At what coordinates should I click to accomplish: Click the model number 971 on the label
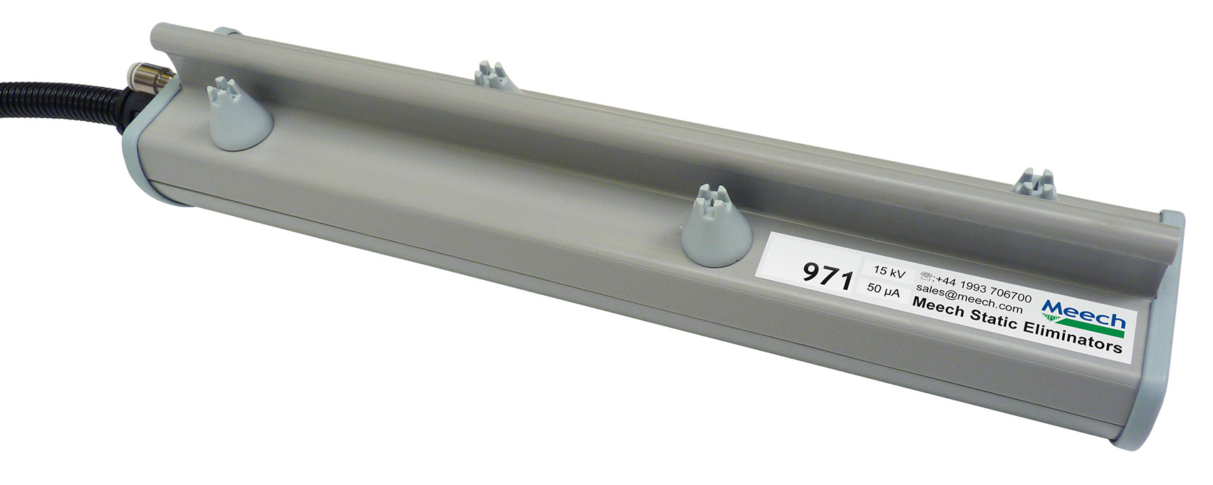tap(827, 274)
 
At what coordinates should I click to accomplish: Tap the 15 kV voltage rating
tap(889, 271)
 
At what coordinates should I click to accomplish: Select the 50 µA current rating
tap(883, 290)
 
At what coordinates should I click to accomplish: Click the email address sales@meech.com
tap(969, 298)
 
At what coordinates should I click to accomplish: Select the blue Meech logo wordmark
tap(1083, 314)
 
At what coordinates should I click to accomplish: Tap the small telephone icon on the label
tap(927, 276)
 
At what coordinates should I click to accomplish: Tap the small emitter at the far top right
tap(1036, 184)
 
